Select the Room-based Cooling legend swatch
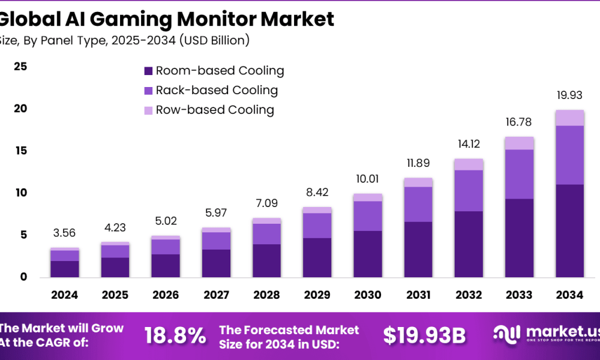point(148,71)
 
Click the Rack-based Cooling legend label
point(217,91)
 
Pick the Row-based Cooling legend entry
point(214,110)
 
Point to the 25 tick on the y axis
point(20,67)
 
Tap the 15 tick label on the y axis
point(20,151)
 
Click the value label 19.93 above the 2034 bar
point(569,95)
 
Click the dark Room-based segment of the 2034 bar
point(569,230)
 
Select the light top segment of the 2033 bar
point(519,143)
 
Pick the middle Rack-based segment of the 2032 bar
point(469,191)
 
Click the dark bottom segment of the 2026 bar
point(165,265)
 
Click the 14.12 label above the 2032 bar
point(469,145)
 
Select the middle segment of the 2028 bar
point(266,234)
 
